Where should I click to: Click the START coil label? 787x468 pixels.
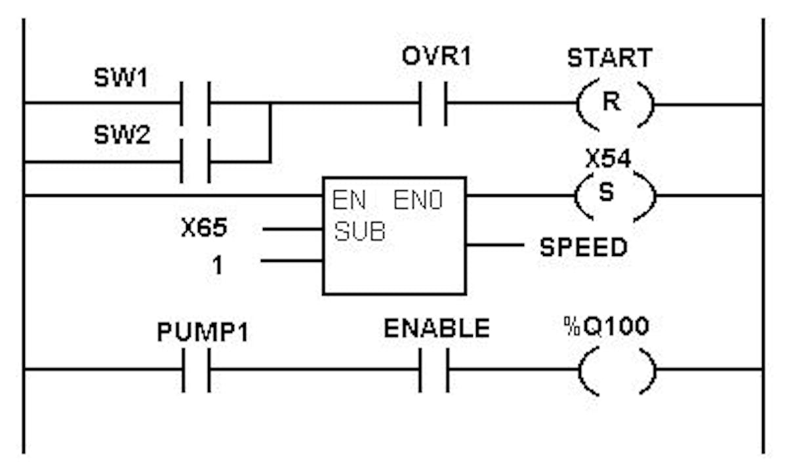609,58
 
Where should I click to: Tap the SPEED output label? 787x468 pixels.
583,247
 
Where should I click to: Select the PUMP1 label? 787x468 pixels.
203,332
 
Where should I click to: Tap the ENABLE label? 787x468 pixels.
436,328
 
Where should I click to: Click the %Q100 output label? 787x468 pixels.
606,326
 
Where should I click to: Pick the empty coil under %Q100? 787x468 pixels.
616,371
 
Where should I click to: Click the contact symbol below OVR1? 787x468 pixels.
433,103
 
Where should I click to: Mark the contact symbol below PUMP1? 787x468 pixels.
196,370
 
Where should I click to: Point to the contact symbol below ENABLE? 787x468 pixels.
434,370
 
